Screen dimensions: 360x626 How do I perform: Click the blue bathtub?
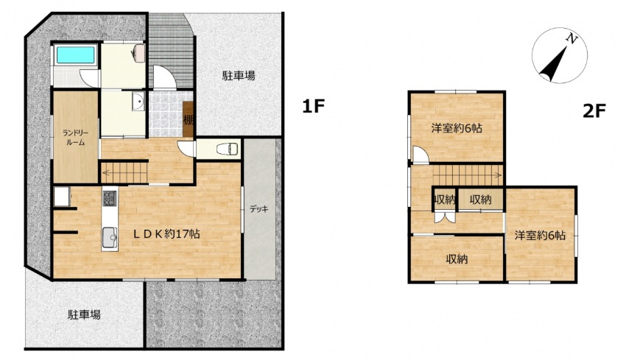(74, 55)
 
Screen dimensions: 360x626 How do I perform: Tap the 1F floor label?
(312, 107)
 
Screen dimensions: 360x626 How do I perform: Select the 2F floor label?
(594, 111)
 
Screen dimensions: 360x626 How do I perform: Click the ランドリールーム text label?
(75, 137)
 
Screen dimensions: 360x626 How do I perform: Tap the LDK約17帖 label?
(167, 234)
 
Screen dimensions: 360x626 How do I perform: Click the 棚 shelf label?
(189, 120)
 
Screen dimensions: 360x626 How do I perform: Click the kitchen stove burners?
(109, 198)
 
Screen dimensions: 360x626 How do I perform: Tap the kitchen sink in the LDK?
(109, 237)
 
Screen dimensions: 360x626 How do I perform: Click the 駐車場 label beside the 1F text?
(239, 75)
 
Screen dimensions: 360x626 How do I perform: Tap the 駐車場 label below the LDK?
(84, 314)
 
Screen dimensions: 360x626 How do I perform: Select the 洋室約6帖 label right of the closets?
(540, 236)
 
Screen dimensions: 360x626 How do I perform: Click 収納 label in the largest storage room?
(457, 259)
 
